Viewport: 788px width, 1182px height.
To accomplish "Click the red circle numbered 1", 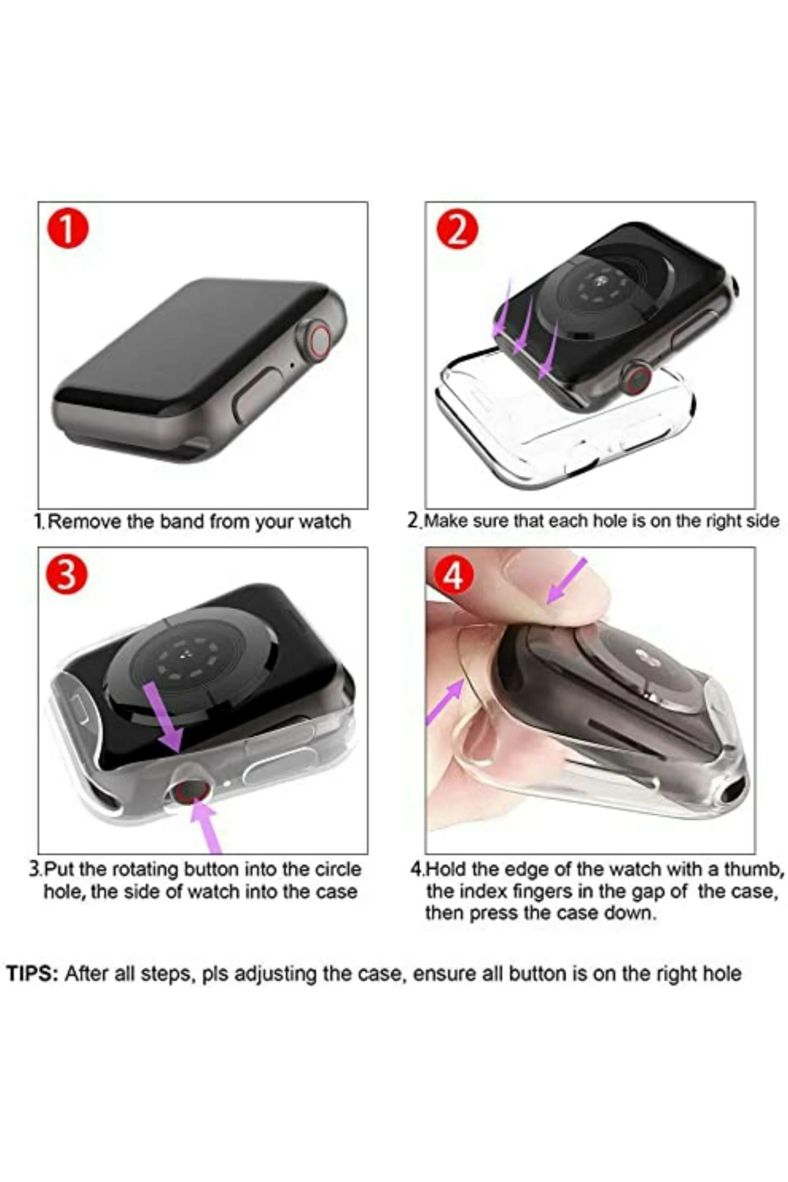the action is pyautogui.click(x=68, y=230).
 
